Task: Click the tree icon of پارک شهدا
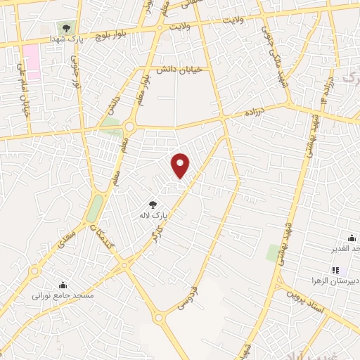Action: click(65, 29)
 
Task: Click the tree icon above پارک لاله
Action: click(153, 205)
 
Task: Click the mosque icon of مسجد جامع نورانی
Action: click(63, 285)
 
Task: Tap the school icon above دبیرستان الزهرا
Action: click(336, 270)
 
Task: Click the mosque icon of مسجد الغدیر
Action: click(352, 238)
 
